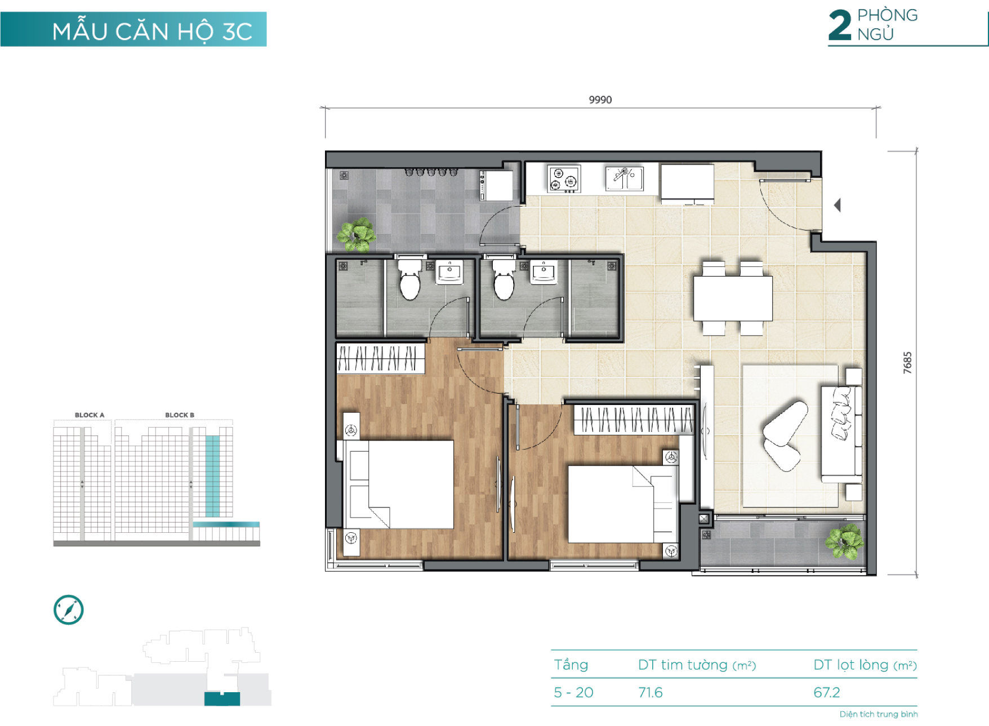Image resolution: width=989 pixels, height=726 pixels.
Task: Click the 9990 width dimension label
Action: (x=600, y=100)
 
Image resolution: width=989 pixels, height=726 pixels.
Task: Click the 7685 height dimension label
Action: (x=907, y=363)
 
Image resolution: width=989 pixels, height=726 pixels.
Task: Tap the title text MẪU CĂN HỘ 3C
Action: (x=152, y=30)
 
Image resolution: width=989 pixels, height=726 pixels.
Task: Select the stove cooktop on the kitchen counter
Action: (x=564, y=179)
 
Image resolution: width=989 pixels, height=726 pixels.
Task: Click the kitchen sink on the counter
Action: (x=624, y=178)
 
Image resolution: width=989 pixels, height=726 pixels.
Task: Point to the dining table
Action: (x=732, y=298)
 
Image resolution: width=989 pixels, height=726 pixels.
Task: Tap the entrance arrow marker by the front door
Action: (x=837, y=205)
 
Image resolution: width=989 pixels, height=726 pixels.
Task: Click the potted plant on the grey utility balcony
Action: (x=357, y=234)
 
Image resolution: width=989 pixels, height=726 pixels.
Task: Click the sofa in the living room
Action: (x=841, y=434)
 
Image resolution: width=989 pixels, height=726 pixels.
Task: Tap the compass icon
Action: (x=68, y=609)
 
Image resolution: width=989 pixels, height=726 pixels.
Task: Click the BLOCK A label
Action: (x=90, y=415)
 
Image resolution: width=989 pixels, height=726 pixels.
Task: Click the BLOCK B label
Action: (x=180, y=415)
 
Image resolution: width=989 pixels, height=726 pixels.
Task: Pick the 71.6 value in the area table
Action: (x=651, y=692)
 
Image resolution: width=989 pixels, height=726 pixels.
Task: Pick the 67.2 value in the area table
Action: (x=827, y=692)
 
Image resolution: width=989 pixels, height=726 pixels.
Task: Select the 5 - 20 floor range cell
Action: (x=573, y=692)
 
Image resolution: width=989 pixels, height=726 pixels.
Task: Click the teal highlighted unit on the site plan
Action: (x=222, y=698)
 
